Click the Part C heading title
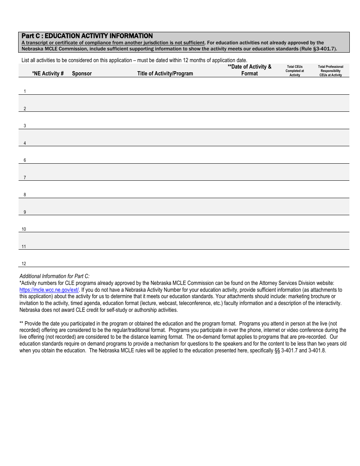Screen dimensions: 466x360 pyautogui.click(x=87, y=36)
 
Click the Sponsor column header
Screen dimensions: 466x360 pyautogui.click(x=82, y=73)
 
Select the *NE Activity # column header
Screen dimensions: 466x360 pyautogui.click(x=48, y=73)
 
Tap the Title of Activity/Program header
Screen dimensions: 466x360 pyautogui.click(x=165, y=73)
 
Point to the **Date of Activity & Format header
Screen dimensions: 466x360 pyautogui.click(x=249, y=70)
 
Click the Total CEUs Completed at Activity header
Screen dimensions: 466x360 pyautogui.click(x=294, y=71)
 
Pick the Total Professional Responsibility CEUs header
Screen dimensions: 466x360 pyautogui.click(x=330, y=71)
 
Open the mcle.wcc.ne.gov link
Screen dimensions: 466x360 pyautogui.click(x=49, y=290)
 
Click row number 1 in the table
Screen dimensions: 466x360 pyautogui.click(x=25, y=91)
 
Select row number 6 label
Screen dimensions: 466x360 pyautogui.click(x=25, y=160)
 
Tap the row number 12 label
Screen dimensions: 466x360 pyautogui.click(x=24, y=264)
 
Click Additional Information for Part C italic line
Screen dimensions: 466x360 pyautogui.click(x=55, y=276)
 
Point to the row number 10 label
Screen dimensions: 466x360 pyautogui.click(x=24, y=229)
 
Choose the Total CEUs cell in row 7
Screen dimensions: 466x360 pyautogui.click(x=294, y=172)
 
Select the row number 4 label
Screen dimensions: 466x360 pyautogui.click(x=25, y=143)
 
